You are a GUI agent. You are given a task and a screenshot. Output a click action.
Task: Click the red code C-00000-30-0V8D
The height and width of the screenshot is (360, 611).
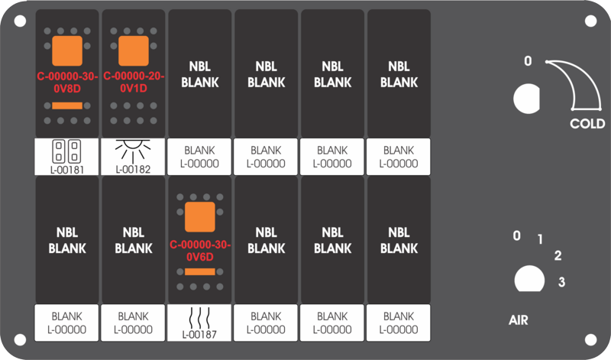point(66,81)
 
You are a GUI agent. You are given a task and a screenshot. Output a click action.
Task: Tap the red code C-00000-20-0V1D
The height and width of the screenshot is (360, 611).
point(134,81)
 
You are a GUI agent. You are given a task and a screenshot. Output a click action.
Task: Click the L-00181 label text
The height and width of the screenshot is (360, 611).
point(66,168)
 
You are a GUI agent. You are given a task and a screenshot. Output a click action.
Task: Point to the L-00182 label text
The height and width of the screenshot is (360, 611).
point(134,168)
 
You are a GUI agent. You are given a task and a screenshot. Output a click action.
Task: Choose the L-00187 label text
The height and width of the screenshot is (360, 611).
point(200,334)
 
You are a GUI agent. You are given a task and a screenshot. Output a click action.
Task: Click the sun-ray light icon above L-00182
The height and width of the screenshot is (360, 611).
point(134,150)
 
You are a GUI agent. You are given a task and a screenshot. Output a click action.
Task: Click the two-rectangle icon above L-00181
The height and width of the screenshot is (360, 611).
point(66,150)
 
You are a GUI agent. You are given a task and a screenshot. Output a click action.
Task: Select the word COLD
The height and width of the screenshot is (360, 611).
point(587,124)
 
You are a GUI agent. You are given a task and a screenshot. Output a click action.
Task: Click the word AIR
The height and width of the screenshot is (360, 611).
point(519,319)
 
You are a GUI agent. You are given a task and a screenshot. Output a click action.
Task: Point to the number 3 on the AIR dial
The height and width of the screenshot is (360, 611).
point(561,283)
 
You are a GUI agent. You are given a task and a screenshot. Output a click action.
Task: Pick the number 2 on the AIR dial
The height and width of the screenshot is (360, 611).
point(558,256)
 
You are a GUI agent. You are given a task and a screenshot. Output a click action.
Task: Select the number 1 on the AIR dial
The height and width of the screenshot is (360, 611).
point(540,239)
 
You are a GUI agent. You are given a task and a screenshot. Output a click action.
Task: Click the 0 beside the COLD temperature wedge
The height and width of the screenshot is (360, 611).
point(527,61)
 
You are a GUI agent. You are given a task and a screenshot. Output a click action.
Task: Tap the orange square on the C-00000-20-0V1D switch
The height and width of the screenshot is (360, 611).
point(134,51)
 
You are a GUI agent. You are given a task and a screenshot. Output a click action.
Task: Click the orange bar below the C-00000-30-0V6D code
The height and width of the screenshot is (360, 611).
point(200,271)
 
